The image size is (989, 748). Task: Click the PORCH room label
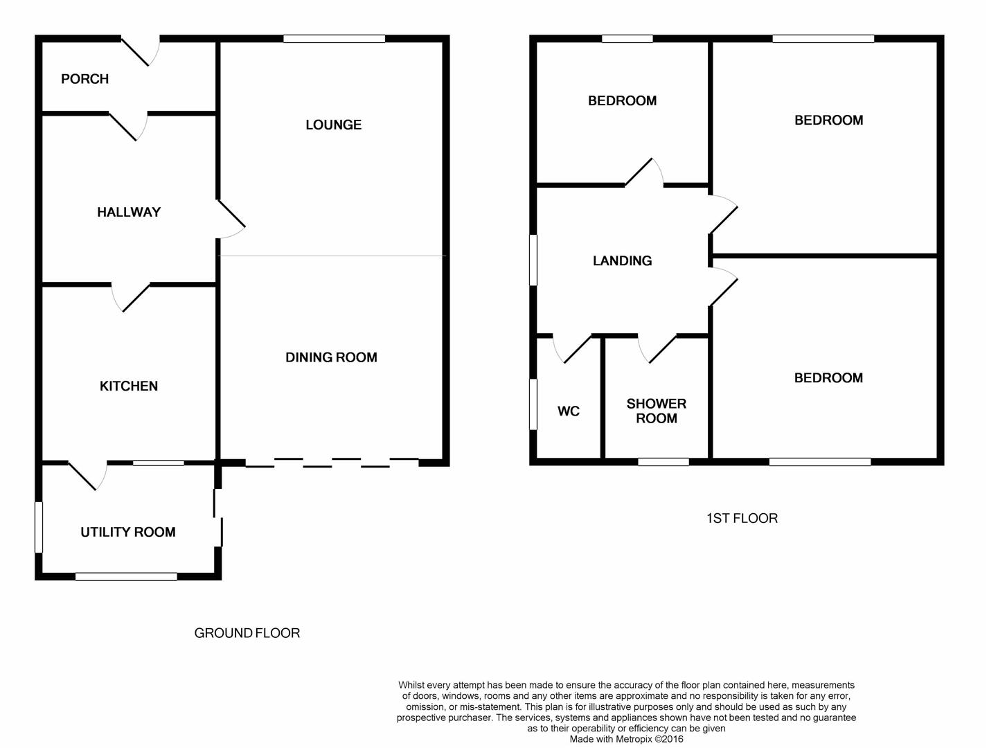84,80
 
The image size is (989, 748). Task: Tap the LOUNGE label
333,125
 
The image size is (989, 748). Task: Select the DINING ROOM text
331,358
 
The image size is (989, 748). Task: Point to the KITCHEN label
129,386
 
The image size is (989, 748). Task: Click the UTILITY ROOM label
128,532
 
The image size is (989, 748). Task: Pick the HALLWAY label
129,212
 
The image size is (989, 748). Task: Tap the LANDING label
622,261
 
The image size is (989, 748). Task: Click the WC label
569,411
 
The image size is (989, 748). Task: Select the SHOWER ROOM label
657,411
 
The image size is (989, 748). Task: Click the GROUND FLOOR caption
247,634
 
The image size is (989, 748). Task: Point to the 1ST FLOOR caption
742,519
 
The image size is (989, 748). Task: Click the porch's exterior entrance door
141,51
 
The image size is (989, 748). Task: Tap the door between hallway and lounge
231,219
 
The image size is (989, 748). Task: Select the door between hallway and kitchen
131,297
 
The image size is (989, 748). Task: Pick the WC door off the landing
572,349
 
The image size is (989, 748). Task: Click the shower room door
657,349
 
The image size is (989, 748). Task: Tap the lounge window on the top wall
335,39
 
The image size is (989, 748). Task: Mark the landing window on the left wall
533,260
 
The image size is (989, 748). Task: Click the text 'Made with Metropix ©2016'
626,739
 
